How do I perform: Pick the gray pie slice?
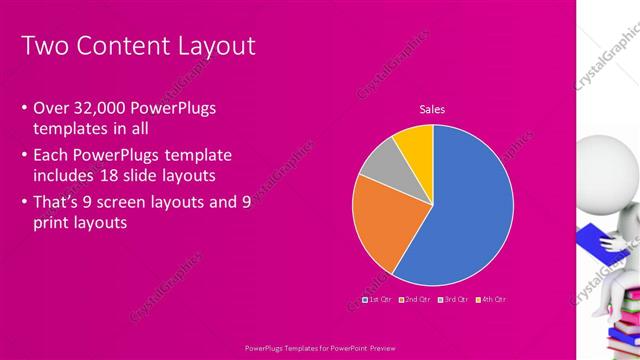coord(380,162)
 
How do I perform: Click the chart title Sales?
coord(432,110)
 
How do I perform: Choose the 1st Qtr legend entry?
coord(377,299)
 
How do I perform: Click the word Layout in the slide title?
coord(211,46)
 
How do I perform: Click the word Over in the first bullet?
coord(51,108)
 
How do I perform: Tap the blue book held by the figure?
coord(599,239)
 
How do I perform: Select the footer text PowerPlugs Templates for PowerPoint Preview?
coord(319,348)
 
